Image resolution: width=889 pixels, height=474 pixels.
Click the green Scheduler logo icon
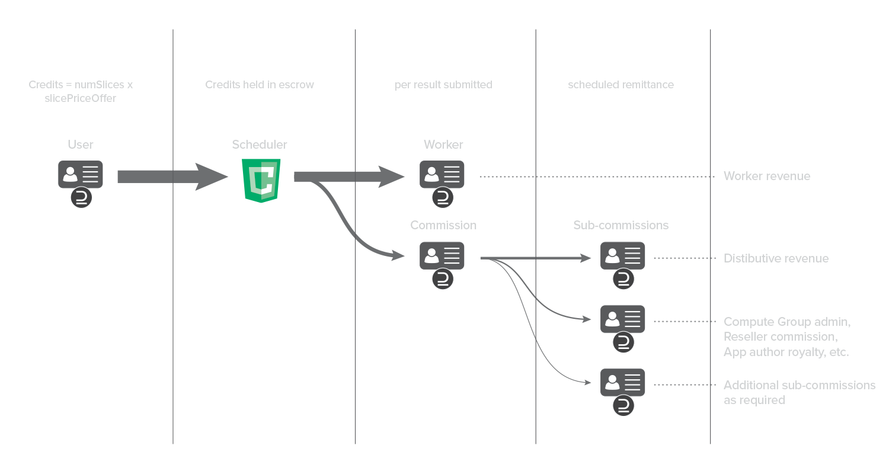tap(261, 181)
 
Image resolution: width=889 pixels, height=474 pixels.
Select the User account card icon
tap(81, 174)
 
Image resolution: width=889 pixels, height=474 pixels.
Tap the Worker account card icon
tap(442, 174)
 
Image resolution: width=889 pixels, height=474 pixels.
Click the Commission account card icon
tap(442, 255)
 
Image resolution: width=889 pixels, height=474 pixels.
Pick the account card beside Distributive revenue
tap(623, 255)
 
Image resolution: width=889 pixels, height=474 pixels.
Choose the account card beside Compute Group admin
tap(623, 319)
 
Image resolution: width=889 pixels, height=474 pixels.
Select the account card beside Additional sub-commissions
tap(623, 382)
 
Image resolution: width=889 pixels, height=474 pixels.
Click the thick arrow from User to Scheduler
tap(172, 177)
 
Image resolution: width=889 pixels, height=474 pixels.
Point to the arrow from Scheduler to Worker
tap(350, 177)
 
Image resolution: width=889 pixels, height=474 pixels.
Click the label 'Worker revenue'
tap(766, 177)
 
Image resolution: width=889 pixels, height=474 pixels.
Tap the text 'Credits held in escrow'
tap(260, 85)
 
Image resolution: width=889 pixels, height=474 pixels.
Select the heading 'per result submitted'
tap(443, 85)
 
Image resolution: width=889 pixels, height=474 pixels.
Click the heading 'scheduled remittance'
tap(621, 85)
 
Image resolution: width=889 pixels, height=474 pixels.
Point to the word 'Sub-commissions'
tap(621, 225)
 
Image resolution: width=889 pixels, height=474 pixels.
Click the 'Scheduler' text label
tap(260, 145)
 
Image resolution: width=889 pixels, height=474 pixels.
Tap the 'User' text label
tap(81, 145)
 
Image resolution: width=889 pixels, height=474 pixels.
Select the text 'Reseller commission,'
tap(780, 337)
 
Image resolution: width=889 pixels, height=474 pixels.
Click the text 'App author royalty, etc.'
tap(786, 352)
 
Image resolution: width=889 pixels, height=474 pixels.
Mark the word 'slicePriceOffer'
tap(81, 98)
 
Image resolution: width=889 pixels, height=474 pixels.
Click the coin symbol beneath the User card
tap(81, 198)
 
